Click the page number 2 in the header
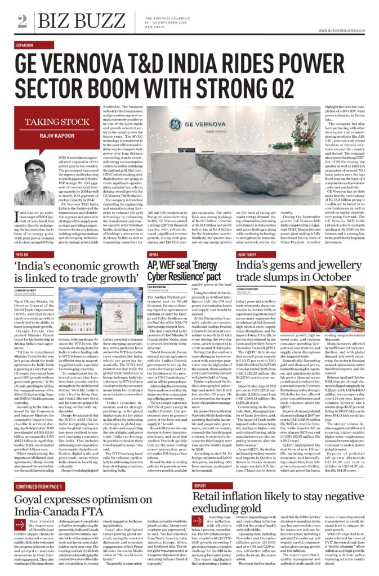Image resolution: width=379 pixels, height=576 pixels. coord(22,21)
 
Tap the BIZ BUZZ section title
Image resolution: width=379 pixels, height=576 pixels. coord(64,21)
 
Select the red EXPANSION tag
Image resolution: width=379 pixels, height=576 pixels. coord(26,45)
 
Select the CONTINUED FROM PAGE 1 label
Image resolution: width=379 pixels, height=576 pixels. coord(42,486)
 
